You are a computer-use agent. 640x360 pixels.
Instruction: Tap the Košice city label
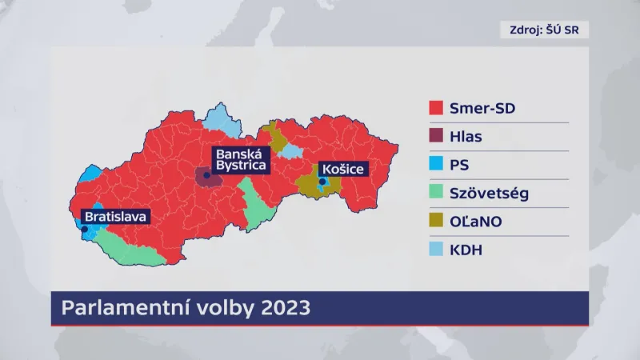[342, 169]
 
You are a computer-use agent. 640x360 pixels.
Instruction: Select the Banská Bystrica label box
[239, 160]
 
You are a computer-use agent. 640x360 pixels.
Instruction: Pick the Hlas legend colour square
[436, 137]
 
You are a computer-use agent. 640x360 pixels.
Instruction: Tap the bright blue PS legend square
[436, 166]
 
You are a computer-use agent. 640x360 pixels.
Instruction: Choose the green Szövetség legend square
[436, 194]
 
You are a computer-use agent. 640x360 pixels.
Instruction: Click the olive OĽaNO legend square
[436, 222]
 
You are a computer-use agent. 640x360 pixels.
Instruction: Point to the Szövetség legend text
[490, 194]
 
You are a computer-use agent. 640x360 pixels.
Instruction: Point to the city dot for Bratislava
[85, 229]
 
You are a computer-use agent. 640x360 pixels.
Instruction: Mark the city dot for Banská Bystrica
[206, 174]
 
